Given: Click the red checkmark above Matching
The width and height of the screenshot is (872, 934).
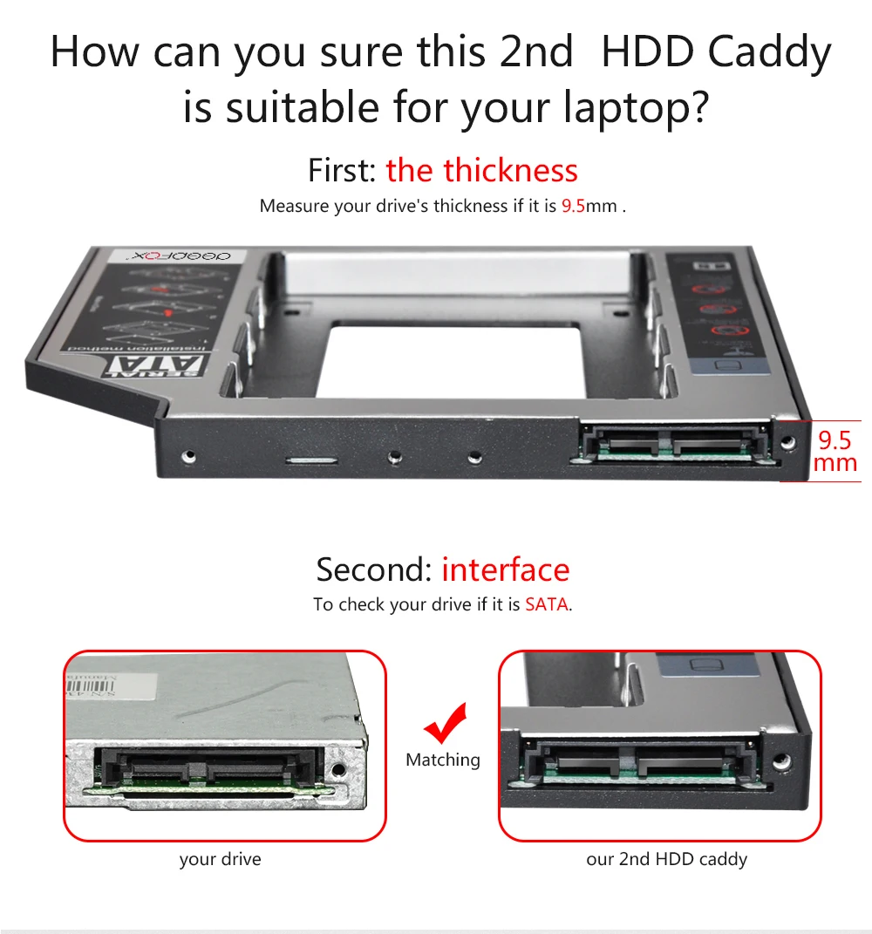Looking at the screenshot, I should coord(445,723).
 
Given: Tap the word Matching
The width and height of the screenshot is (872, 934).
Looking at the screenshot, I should coord(443,760).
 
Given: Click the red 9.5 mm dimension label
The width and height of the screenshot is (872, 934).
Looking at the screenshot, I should coord(835,450).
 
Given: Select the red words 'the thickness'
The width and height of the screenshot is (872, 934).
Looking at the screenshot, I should coord(481,170).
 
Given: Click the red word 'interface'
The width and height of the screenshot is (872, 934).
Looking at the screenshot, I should coord(505,569).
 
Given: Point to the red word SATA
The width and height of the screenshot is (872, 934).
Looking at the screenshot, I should coord(547,604).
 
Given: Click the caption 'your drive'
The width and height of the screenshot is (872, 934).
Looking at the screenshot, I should coord(220,859).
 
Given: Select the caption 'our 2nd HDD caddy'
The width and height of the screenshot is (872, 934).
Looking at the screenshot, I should coord(666,859).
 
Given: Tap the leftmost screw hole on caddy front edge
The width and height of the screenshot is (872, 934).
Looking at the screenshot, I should coord(187,455).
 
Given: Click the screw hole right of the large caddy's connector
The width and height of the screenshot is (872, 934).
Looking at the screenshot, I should coord(787,443).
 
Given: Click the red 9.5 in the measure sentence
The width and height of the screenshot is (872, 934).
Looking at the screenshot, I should coord(573,207).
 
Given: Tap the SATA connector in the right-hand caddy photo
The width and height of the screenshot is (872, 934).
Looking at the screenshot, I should coord(636,757).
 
